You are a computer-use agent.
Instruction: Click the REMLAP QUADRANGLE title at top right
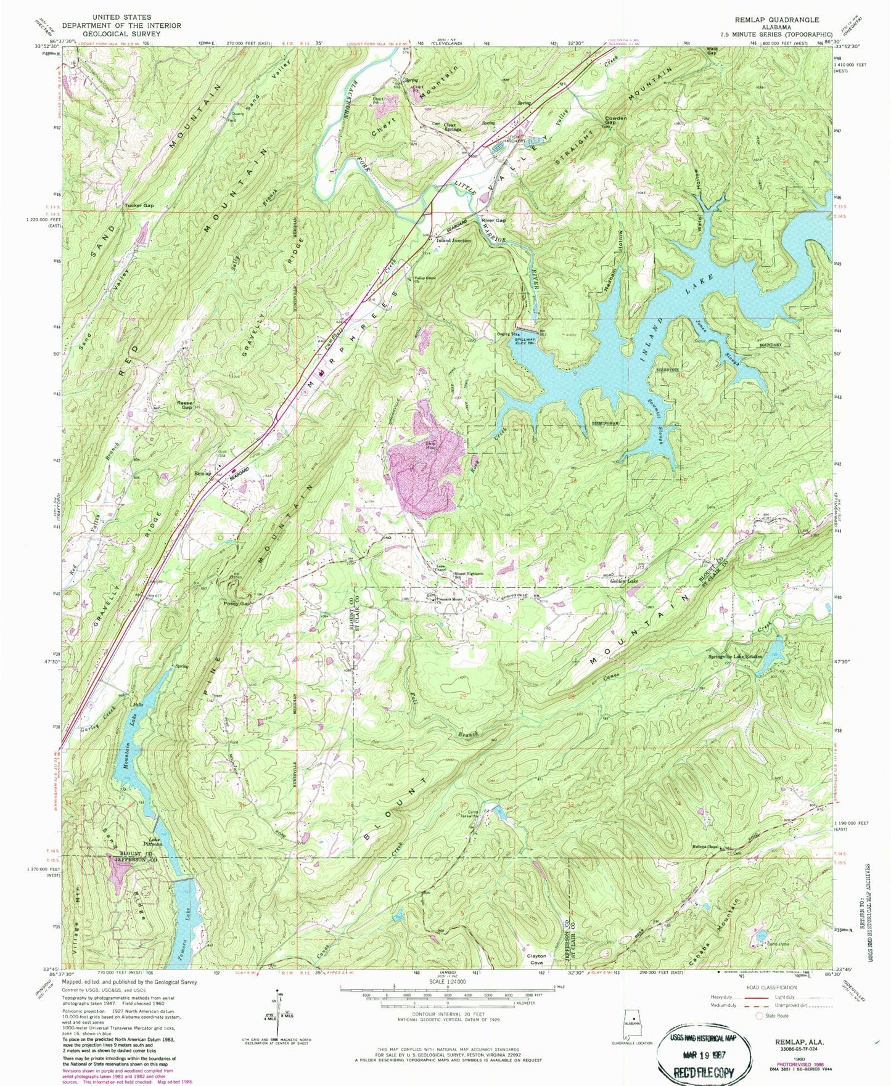[777, 20]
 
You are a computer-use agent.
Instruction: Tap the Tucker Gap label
[139, 206]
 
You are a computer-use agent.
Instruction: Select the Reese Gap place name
[185, 405]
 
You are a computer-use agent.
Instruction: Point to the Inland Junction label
[454, 240]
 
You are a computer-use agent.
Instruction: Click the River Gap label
[493, 220]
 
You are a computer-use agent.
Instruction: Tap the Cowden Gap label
[615, 120]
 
